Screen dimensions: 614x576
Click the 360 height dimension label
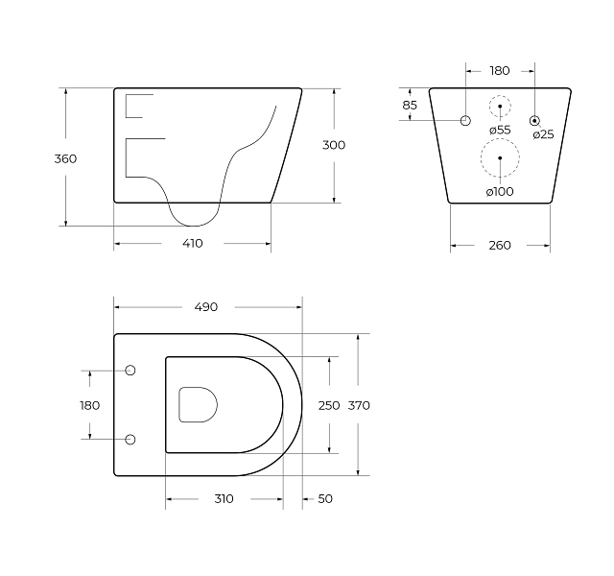[x=65, y=158]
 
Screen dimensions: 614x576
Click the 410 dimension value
[x=193, y=243]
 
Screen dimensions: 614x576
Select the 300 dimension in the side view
[x=334, y=145]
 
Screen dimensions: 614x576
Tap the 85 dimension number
[x=410, y=105]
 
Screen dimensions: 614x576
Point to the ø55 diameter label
[x=500, y=130]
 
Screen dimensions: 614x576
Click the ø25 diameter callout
[x=544, y=134]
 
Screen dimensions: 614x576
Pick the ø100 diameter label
[x=500, y=192]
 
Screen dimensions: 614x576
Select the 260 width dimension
[x=500, y=246]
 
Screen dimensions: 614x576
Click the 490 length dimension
[x=206, y=307]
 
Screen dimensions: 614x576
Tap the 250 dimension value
[x=329, y=405]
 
